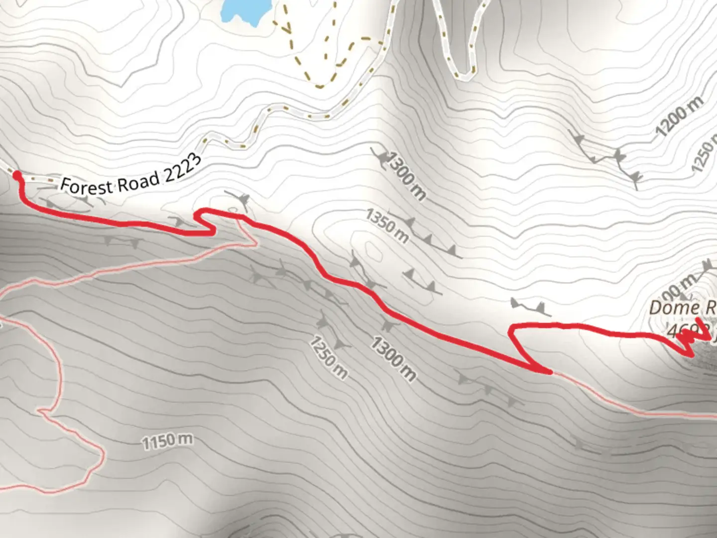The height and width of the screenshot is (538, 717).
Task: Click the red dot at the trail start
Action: click(17, 175)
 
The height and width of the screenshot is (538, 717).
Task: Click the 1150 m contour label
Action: click(167, 441)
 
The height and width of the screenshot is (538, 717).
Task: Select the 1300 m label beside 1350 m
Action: click(405, 176)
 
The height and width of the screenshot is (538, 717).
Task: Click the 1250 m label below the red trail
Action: click(328, 357)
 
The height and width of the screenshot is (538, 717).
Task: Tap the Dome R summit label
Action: click(682, 307)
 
